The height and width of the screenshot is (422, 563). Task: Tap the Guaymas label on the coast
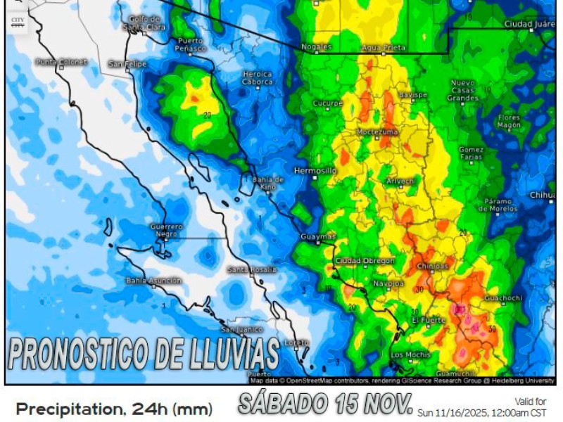click(x=318, y=236)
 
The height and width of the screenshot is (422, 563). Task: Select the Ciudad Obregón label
click(x=365, y=260)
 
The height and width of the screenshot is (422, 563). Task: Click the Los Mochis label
click(x=410, y=354)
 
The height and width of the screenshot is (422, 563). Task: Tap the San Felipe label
click(x=127, y=63)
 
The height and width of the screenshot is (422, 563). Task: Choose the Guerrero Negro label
click(x=167, y=230)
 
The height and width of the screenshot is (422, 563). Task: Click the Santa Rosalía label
click(x=251, y=269)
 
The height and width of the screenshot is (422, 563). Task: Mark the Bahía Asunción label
click(x=153, y=280)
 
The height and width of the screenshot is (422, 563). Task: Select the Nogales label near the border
click(x=317, y=46)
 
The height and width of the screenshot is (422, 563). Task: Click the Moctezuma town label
click(x=377, y=132)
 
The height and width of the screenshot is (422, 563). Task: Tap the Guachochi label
click(x=503, y=298)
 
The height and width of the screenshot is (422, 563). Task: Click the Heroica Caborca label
click(x=257, y=77)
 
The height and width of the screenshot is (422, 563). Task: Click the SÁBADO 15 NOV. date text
click(x=324, y=404)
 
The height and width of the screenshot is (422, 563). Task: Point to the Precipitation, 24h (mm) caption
click(x=114, y=409)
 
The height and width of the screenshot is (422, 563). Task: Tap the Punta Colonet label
click(x=62, y=62)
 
